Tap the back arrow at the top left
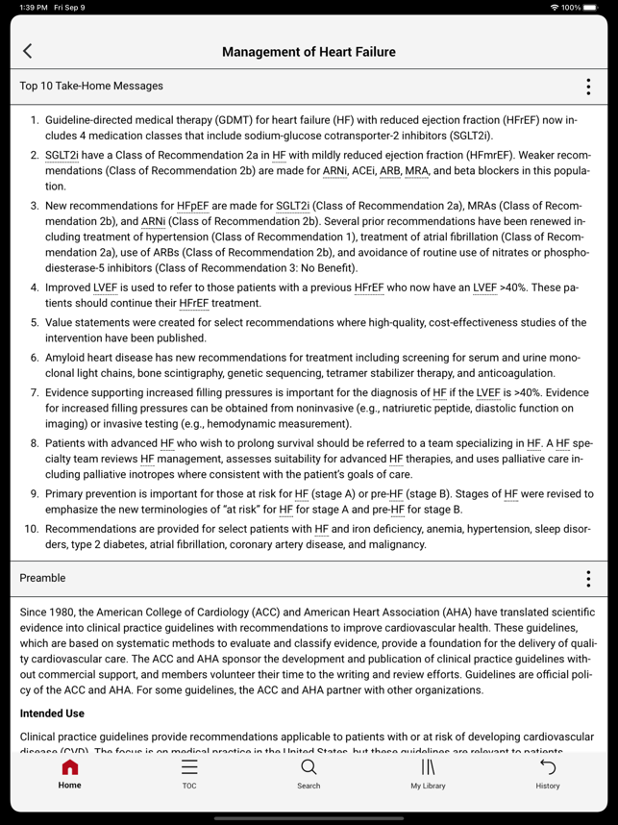pos(27,51)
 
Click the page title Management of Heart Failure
pos(309,52)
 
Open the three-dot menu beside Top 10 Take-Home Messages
pos(588,87)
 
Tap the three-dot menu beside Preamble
pos(588,579)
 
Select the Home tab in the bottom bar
pos(69,773)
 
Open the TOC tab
pos(189,773)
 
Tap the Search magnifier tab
pos(309,773)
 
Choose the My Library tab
pos(428,773)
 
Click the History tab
pos(548,773)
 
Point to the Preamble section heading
pos(42,578)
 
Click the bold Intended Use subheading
pos(52,713)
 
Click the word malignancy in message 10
pos(394,544)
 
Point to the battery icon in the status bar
pos(591,8)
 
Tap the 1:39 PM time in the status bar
pos(34,8)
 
